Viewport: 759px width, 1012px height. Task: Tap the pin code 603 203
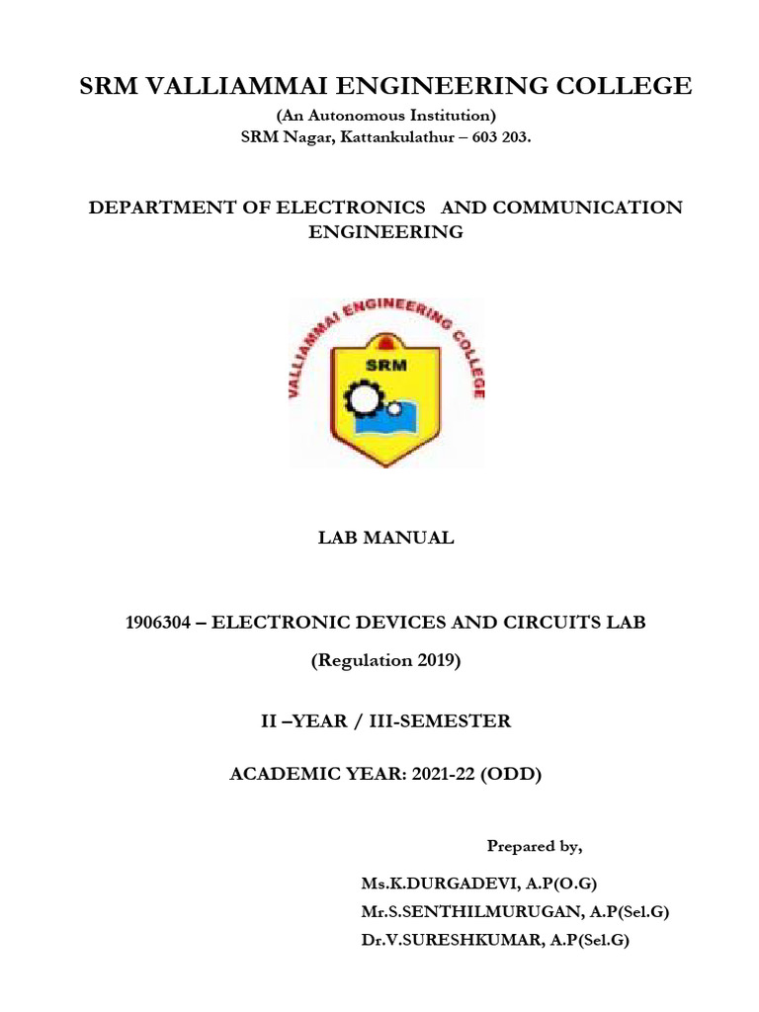click(x=501, y=138)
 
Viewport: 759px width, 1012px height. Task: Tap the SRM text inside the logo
click(x=386, y=364)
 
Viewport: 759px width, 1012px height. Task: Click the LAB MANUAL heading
click(x=385, y=539)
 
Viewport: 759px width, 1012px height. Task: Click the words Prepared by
click(x=535, y=847)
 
